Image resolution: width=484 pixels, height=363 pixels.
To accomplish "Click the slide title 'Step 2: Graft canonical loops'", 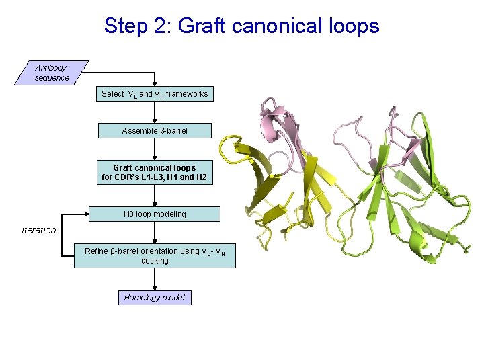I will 241,26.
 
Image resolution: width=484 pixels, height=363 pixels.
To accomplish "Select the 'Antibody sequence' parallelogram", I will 52,73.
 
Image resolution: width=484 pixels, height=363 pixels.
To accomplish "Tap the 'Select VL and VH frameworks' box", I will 155,94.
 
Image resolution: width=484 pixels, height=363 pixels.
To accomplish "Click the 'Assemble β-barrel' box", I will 155,130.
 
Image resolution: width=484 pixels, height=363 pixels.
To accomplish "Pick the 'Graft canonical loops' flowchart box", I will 155,173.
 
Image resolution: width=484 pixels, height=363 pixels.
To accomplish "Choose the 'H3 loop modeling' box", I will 155,214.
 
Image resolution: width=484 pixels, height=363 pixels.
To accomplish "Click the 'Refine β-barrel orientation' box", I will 155,255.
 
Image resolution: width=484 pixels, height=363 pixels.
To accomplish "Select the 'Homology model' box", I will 155,297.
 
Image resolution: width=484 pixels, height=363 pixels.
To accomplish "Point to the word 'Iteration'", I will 39,230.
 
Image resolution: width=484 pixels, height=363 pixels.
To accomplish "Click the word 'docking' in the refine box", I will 155,261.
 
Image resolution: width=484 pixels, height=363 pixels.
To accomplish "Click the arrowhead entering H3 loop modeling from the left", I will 86,214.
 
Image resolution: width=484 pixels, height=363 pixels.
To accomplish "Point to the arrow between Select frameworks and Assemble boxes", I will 155,112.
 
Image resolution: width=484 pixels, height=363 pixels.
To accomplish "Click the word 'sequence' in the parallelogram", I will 52,78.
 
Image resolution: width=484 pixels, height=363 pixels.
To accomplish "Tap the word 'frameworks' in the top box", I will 188,94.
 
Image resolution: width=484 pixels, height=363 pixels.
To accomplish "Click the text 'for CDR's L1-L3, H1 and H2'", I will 155,178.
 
